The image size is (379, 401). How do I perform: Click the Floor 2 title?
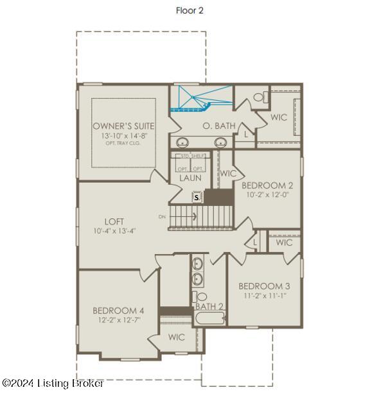coord(189,10)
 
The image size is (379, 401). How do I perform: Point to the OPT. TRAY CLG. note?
coord(124,142)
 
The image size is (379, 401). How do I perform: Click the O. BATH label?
coord(219,126)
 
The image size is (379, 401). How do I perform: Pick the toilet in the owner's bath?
coord(259,98)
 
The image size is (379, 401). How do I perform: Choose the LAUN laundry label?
coord(191,178)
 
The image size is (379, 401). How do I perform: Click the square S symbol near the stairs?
coord(197,198)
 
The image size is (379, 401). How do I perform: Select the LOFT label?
coord(115,221)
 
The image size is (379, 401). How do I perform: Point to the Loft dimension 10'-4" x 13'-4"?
coord(115,231)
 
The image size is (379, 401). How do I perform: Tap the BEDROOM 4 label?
coord(118,311)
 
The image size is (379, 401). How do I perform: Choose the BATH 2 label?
coord(209,307)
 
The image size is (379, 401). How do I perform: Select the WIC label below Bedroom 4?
coord(177,337)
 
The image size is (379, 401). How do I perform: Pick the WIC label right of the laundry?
coord(228,173)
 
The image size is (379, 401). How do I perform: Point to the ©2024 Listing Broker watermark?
coord(53,383)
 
